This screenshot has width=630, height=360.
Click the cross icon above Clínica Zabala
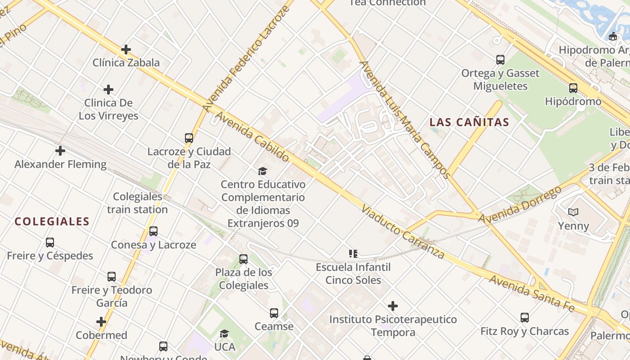[x=126, y=49]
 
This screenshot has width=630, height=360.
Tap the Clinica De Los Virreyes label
[x=108, y=109]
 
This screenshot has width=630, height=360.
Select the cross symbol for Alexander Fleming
[x=60, y=151]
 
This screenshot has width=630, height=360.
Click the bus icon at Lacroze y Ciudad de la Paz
[x=189, y=138]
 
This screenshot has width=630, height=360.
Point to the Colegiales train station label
[x=137, y=203]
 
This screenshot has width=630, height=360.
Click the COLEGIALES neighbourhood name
[x=52, y=221]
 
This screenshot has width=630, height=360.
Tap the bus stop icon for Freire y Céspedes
[x=50, y=243]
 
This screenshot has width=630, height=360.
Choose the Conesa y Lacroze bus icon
[x=153, y=231]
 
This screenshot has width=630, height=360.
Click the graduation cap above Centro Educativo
[x=262, y=171]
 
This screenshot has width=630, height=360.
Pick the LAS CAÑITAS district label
[x=469, y=122]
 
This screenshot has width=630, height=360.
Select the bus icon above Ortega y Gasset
[x=500, y=59]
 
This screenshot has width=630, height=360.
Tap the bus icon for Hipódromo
[x=573, y=88]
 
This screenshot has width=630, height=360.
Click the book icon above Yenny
[x=573, y=212]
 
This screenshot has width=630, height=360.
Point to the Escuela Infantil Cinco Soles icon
[x=353, y=254]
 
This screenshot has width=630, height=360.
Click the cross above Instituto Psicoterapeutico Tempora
[x=393, y=306]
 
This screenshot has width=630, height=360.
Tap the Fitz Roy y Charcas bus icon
[x=524, y=318]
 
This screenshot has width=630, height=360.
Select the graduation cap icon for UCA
[x=224, y=333]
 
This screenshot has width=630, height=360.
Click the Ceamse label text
[x=274, y=326]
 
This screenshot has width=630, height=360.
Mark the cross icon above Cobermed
[x=101, y=322]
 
